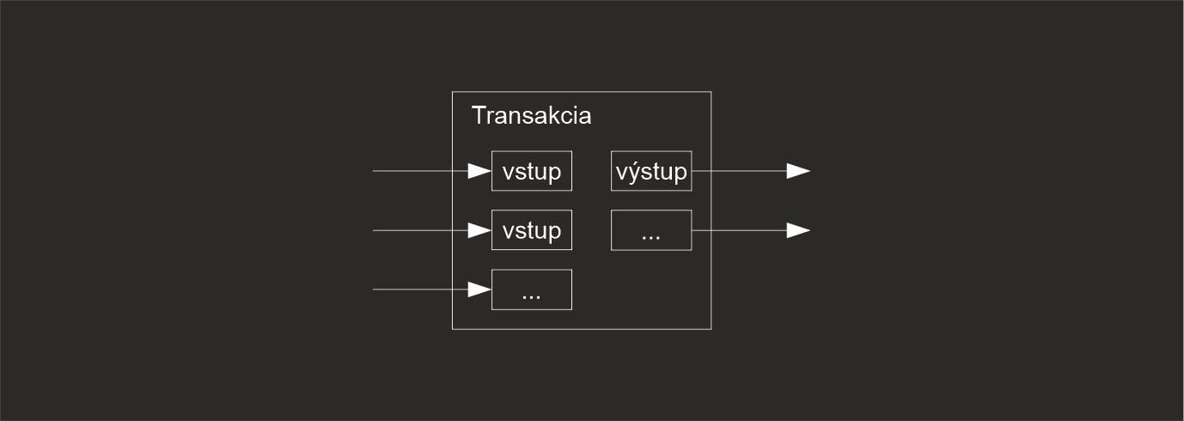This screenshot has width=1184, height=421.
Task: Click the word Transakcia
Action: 531,116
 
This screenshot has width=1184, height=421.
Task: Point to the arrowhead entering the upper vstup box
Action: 479,171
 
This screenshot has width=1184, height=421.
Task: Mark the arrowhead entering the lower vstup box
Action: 479,230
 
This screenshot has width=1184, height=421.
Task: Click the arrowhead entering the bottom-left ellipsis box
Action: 479,290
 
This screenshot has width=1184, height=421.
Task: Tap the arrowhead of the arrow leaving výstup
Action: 798,171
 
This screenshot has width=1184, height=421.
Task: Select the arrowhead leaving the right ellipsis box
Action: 798,230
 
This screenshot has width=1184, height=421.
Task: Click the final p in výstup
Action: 680,174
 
